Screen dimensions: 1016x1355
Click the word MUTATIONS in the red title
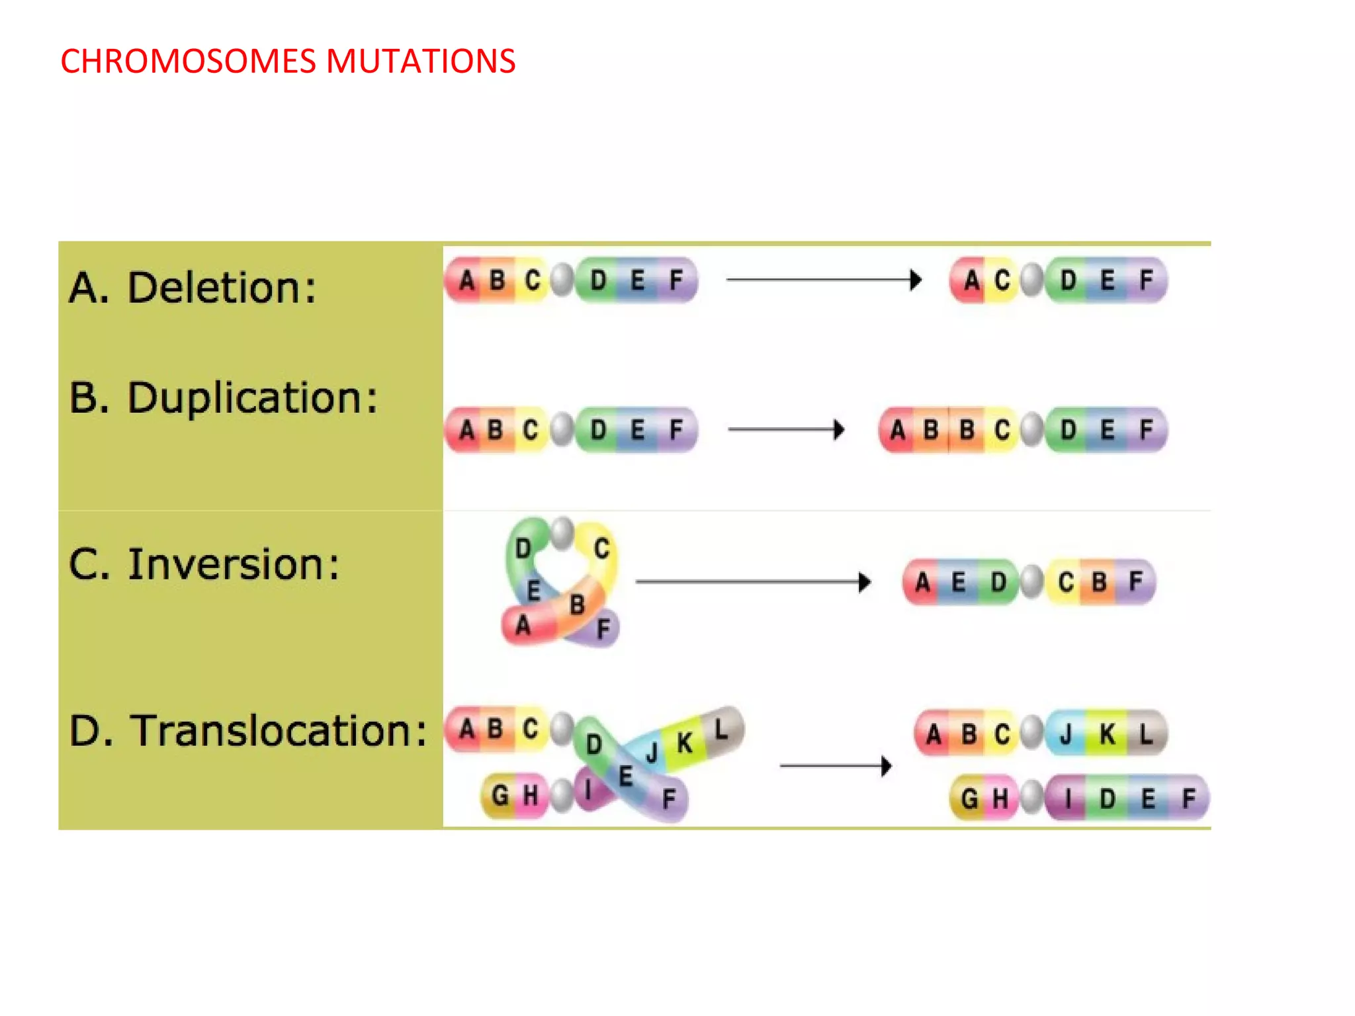click(x=420, y=62)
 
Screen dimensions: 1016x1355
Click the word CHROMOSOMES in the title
click(x=189, y=62)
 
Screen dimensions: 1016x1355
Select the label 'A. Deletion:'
click(x=193, y=288)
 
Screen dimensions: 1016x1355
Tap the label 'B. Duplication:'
click(x=223, y=398)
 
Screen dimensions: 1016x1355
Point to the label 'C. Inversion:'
click(x=204, y=565)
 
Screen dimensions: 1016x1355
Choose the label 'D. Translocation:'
click(x=248, y=731)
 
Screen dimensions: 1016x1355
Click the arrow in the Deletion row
click(x=824, y=280)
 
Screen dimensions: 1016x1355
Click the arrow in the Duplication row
click(x=786, y=429)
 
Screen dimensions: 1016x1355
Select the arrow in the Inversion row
click(x=753, y=582)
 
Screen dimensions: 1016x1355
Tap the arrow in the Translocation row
click(x=836, y=766)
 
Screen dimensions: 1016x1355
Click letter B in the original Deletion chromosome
click(x=497, y=280)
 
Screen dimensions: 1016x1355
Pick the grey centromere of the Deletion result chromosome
click(x=1032, y=280)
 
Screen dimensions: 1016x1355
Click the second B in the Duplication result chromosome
click(x=967, y=431)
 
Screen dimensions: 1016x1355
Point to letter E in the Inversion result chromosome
click(x=958, y=583)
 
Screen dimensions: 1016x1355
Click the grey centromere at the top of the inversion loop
click(x=562, y=532)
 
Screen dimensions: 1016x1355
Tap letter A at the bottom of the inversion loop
click(x=523, y=625)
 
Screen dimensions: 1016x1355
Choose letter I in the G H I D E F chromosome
click(x=1068, y=799)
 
